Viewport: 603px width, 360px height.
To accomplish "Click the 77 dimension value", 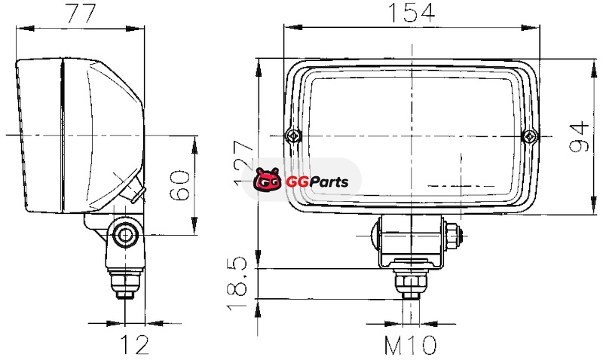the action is [81, 13].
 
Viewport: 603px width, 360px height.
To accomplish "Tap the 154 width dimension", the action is [412, 12].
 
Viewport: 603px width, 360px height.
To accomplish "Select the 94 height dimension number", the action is [579, 137].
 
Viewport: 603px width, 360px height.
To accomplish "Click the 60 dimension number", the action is [179, 185].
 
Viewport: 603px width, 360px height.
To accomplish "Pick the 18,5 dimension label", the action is [236, 282].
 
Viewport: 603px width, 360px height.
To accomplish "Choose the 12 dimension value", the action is [135, 345].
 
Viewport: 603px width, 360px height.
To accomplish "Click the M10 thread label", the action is [411, 345].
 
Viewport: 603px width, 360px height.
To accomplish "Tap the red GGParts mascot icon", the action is [267, 179].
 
